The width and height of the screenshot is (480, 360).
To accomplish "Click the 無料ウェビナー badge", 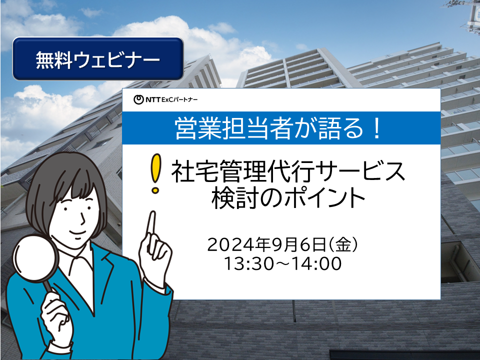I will tap(98, 59).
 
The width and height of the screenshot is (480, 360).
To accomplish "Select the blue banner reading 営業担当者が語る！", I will tap(281, 128).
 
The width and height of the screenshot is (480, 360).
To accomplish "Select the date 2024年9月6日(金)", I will tap(283, 245).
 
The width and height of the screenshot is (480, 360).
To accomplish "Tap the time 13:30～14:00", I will tap(283, 263).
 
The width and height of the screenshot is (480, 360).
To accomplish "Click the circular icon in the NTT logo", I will tap(138, 99).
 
